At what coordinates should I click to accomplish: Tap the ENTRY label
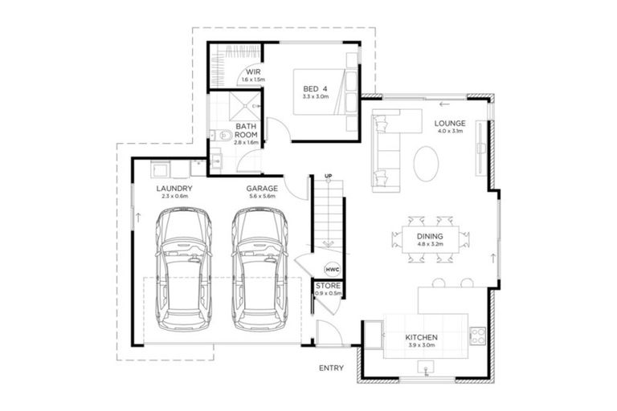point(330,368)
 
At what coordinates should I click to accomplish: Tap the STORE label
point(328,286)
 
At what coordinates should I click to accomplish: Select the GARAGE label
point(262,189)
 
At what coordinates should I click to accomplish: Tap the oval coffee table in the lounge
point(427,163)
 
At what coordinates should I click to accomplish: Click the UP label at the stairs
point(328,176)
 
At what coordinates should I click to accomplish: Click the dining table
point(426,238)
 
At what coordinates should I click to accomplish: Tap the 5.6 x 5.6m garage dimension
point(262,197)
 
